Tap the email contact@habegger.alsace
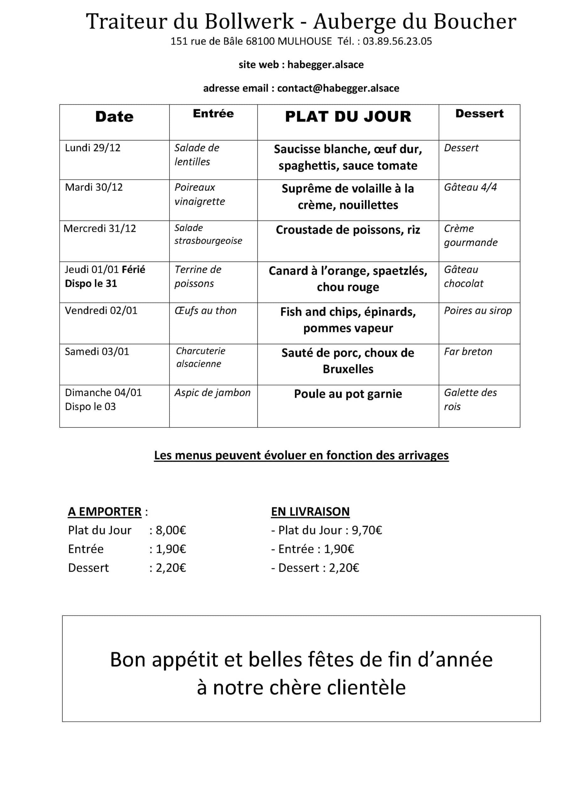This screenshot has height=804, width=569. pyautogui.click(x=338, y=88)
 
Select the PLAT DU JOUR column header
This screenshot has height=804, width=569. pyautogui.click(x=348, y=117)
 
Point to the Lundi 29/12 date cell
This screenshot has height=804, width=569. pyautogui.click(x=92, y=148)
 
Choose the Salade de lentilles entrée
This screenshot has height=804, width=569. pyautogui.click(x=197, y=155)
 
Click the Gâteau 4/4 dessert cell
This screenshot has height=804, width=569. pyautogui.click(x=470, y=187)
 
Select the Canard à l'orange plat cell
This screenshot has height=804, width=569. pyautogui.click(x=347, y=279)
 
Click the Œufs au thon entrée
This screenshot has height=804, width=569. pyautogui.click(x=205, y=311)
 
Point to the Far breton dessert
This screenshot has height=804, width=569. pyautogui.click(x=468, y=351)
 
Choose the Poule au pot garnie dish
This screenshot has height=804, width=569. pyautogui.click(x=347, y=394)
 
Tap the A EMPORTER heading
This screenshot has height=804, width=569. pyautogui.click(x=104, y=512)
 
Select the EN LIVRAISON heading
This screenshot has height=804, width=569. pyautogui.click(x=310, y=512)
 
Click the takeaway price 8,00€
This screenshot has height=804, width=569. pyautogui.click(x=171, y=530)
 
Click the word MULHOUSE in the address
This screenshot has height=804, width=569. pyautogui.click(x=304, y=41)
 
